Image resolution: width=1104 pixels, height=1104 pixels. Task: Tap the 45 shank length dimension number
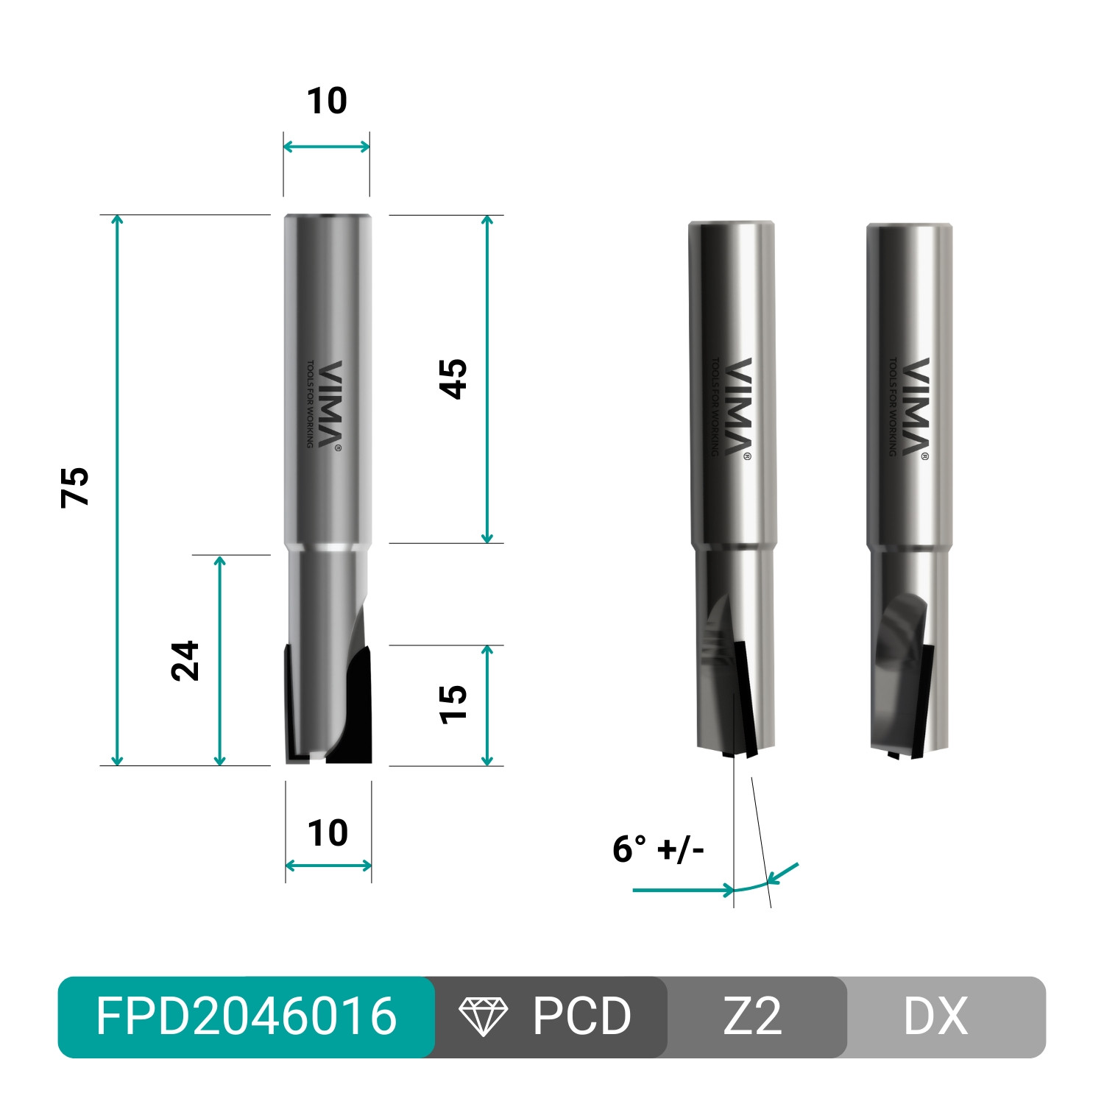[453, 379]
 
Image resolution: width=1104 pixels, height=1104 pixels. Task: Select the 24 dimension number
[185, 660]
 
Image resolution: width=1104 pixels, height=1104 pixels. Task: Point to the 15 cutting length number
[453, 704]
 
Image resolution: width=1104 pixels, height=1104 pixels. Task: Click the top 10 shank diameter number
[327, 101]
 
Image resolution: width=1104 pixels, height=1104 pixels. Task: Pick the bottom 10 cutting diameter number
[328, 833]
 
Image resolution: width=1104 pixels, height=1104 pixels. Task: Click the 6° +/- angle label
[658, 849]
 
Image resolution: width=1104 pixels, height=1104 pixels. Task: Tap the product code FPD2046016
[246, 1016]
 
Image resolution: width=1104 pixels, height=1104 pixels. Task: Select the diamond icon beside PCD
[483, 1016]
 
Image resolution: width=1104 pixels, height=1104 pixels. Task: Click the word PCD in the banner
[581, 1016]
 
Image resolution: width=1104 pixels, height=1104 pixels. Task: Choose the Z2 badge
[752, 1016]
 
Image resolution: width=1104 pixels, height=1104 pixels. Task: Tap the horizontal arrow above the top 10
[327, 146]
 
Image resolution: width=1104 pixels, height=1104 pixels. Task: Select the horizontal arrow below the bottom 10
[328, 866]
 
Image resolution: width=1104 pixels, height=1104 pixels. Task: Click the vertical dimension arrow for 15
[486, 705]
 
